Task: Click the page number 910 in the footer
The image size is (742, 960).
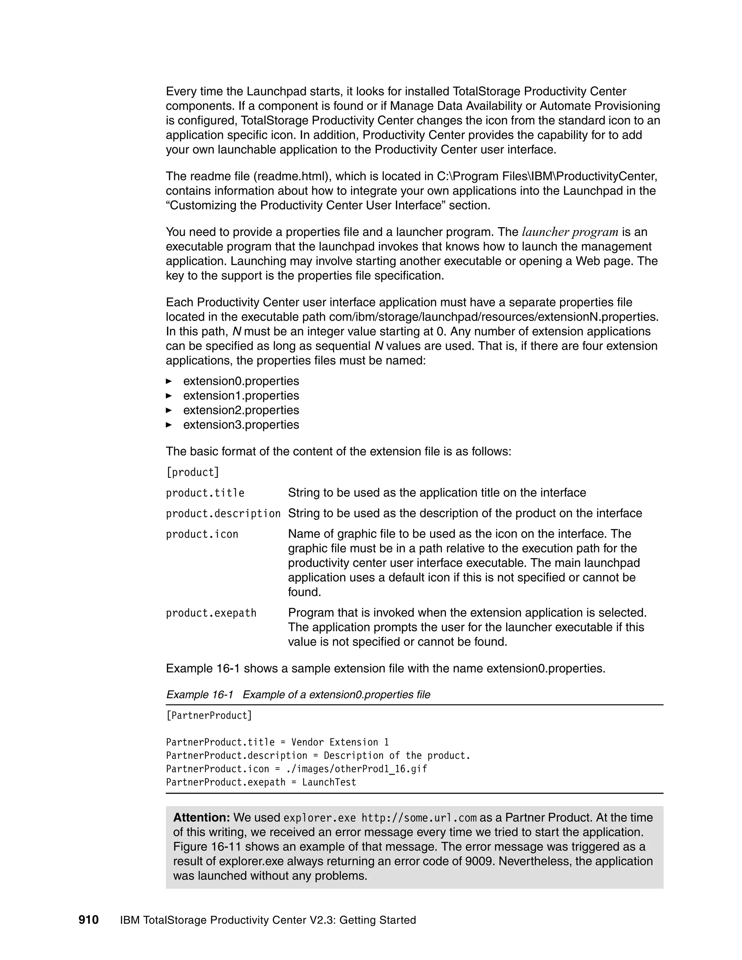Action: [x=88, y=919]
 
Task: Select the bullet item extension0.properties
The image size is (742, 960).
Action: [x=241, y=381]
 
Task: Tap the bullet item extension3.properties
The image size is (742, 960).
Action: [x=241, y=425]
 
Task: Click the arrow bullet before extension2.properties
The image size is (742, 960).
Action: [x=169, y=410]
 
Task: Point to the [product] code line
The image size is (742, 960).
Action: [x=192, y=472]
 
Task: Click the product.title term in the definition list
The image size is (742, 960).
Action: [x=205, y=493]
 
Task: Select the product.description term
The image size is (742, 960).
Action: [x=223, y=514]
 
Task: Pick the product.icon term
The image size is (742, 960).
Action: [x=202, y=534]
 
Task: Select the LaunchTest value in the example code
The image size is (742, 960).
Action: [x=329, y=782]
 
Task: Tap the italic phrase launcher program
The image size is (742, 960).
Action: [x=570, y=232]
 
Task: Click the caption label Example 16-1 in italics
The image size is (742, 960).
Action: [x=200, y=694]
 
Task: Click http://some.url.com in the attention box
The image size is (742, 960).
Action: [x=419, y=818]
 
